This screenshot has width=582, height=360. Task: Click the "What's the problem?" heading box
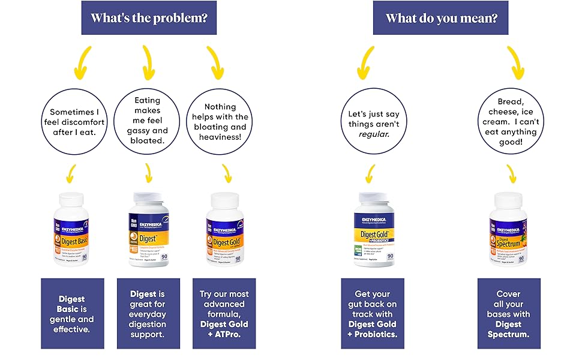pyautogui.click(x=149, y=18)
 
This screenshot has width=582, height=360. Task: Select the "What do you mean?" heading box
pyautogui.click(x=441, y=18)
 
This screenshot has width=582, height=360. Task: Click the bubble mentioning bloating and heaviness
pyautogui.click(x=224, y=122)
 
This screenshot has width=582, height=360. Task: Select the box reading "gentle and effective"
pyautogui.click(x=73, y=313)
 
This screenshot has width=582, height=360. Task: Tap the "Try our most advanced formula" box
pyautogui.click(x=224, y=313)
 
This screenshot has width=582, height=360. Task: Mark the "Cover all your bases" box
pyautogui.click(x=509, y=313)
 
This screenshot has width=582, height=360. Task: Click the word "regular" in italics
pyautogui.click(x=374, y=134)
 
